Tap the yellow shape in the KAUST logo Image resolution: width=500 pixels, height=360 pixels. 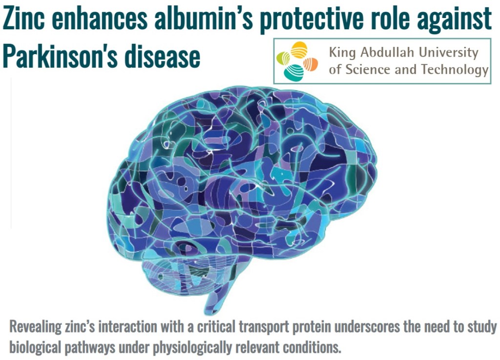[x=299, y=49]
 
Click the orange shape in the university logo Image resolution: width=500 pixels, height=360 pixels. [x=310, y=64]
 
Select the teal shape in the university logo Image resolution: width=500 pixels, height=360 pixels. [x=293, y=72]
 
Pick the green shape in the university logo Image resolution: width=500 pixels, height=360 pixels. [x=283, y=59]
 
